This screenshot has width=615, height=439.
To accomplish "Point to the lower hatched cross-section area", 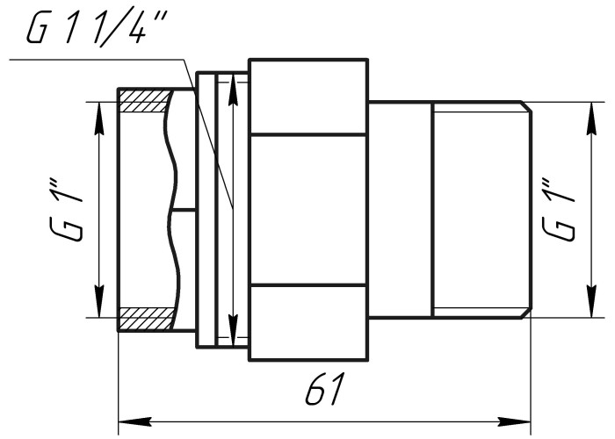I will point(142,318).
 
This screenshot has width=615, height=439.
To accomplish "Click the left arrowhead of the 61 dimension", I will point(124,419).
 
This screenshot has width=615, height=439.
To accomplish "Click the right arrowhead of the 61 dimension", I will point(525,419).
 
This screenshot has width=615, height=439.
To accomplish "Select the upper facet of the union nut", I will point(308,97).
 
